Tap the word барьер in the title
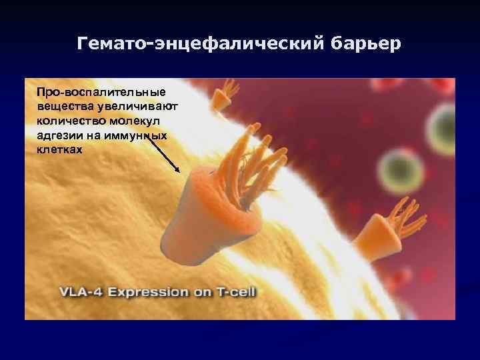click(x=365, y=45)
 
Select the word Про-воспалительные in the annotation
click(x=102, y=91)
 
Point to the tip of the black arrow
click(x=179, y=171)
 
